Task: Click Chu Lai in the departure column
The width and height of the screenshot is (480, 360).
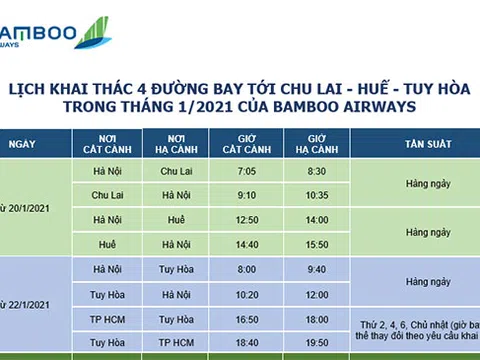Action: pyautogui.click(x=107, y=194)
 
